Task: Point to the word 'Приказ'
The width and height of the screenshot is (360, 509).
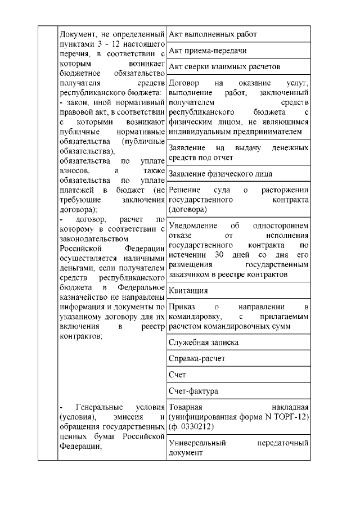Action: [x=181, y=307]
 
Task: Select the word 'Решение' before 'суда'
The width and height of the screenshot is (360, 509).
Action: [x=184, y=190]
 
